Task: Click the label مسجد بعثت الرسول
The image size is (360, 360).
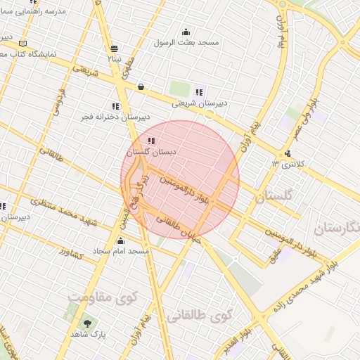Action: tap(186, 42)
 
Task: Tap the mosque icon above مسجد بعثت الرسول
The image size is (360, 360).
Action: tap(186, 32)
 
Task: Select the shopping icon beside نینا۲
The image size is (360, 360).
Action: tap(114, 49)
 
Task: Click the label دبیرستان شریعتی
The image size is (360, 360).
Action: tap(200, 103)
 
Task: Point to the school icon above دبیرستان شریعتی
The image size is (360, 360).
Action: tap(200, 91)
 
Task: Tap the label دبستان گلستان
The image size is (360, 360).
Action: tap(151, 151)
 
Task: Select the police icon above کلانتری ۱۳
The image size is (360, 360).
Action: tap(288, 154)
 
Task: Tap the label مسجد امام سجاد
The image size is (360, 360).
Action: tap(120, 251)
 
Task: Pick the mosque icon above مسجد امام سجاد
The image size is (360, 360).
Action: tap(120, 241)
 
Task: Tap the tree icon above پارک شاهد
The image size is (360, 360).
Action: tap(88, 323)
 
